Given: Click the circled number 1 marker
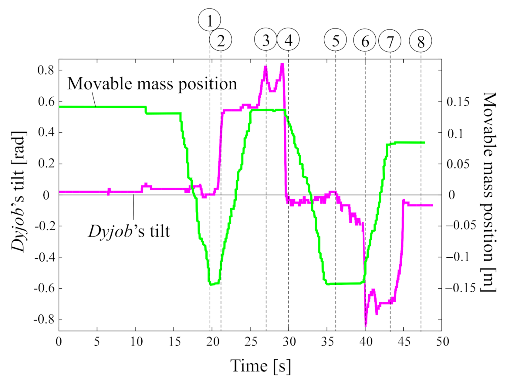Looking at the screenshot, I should pyautogui.click(x=209, y=20).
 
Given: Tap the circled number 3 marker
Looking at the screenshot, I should pyautogui.click(x=266, y=40).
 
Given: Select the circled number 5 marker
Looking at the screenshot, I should pyautogui.click(x=335, y=40).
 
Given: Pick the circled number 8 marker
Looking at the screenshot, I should pyautogui.click(x=421, y=41).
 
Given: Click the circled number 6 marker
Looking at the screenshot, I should pyautogui.click(x=365, y=41).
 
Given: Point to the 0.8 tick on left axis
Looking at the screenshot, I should pyautogui.click(x=46, y=70).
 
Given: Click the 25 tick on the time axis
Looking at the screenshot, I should pyautogui.click(x=250, y=342).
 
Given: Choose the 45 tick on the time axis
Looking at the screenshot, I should pyautogui.click(x=404, y=342).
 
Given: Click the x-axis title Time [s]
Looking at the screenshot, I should pyautogui.click(x=260, y=366).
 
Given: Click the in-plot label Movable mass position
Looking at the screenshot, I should pyautogui.click(x=152, y=84).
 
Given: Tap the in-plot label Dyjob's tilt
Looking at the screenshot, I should pyautogui.click(x=129, y=231).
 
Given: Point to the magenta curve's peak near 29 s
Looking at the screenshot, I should pyautogui.click(x=282, y=65).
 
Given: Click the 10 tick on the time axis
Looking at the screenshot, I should pyautogui.click(x=135, y=342).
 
